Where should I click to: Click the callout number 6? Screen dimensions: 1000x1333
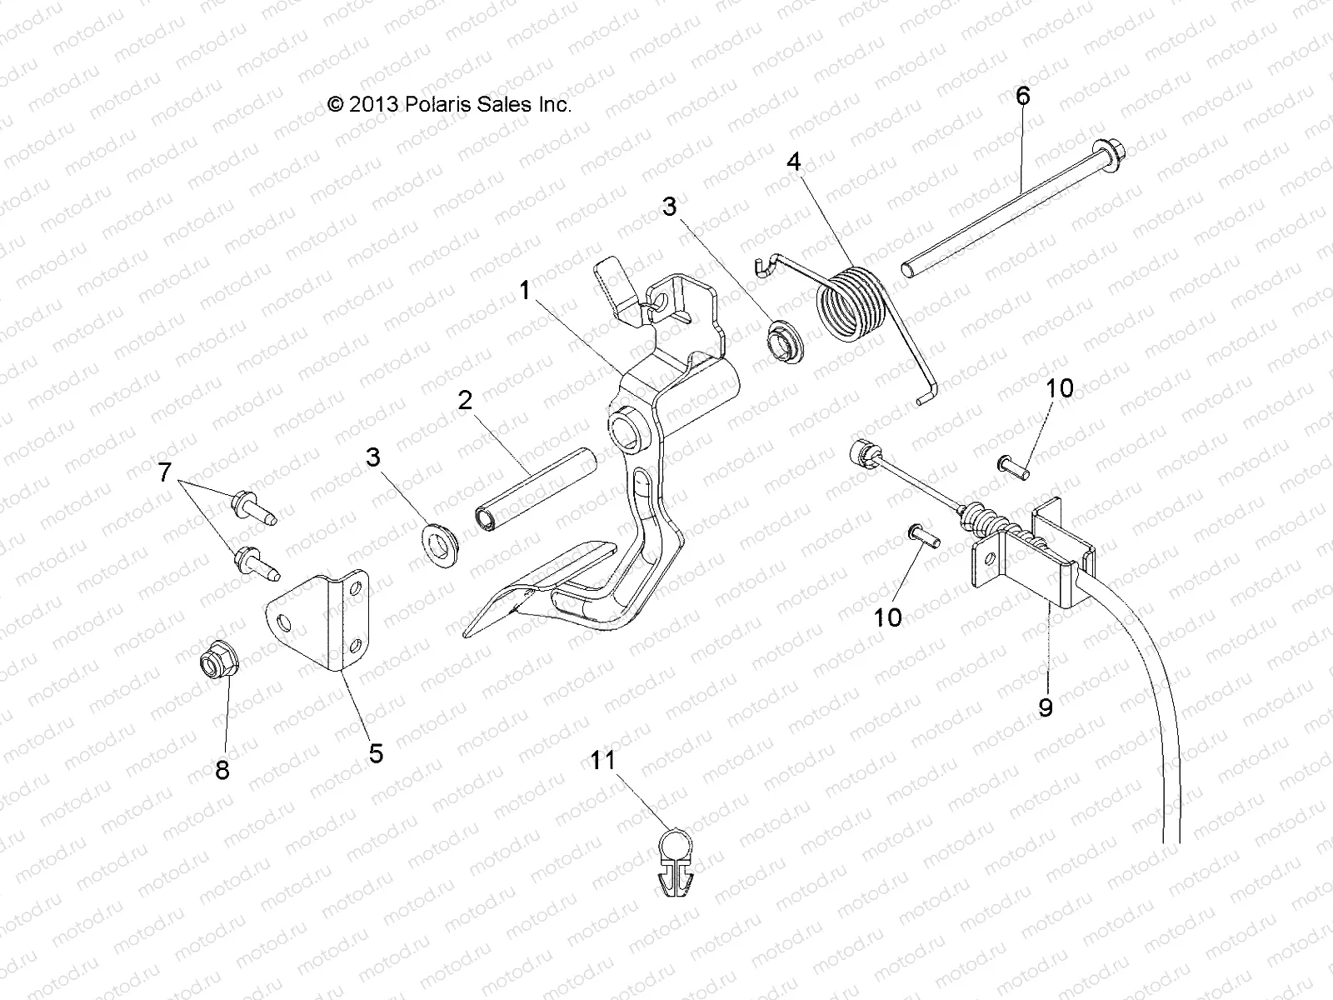point(1022,97)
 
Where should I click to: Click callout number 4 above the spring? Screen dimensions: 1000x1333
point(793,162)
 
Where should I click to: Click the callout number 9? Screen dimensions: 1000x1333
point(1046,707)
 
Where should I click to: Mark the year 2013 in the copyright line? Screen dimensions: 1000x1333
point(373,104)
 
